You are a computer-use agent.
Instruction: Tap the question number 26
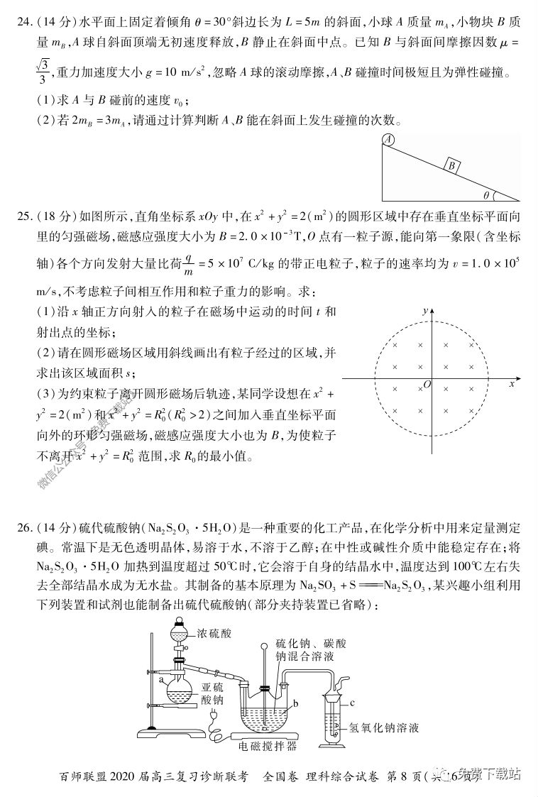tap(26, 529)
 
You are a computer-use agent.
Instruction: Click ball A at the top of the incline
tap(388, 141)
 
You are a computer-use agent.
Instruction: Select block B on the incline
tap(450, 166)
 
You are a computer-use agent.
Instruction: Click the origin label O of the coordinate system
tap(427, 384)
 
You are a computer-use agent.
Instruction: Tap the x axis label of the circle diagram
tap(511, 383)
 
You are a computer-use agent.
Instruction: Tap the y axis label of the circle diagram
tap(424, 311)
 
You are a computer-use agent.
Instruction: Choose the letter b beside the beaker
tap(295, 702)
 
